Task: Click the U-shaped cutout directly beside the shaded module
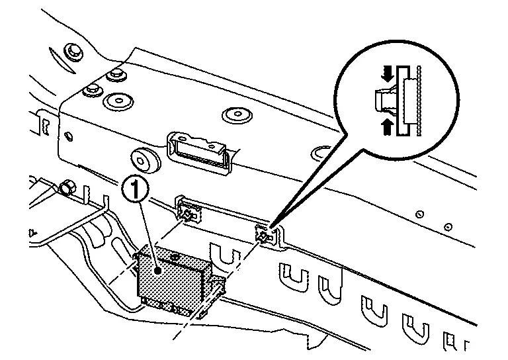coord(219,255)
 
